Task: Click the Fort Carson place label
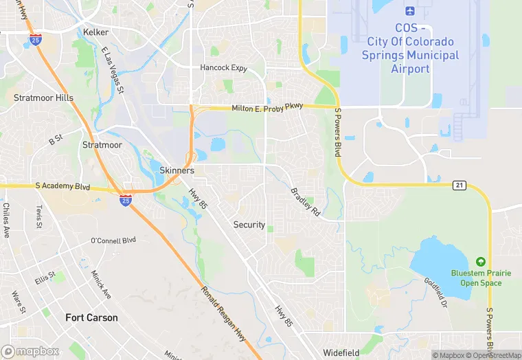pos(91,317)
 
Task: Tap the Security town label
pos(249,225)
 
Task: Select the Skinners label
pos(177,170)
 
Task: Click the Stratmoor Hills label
pos(43,98)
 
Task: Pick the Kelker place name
pos(95,32)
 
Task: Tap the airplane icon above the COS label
pos(411,12)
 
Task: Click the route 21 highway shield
pos(459,185)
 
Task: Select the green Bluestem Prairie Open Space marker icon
pos(481,262)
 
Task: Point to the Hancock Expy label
pos(223,67)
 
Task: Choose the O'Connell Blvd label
pos(113,240)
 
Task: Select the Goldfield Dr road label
pos(435,292)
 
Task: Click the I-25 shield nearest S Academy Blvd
pos(126,199)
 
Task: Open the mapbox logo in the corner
pos(30,351)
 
